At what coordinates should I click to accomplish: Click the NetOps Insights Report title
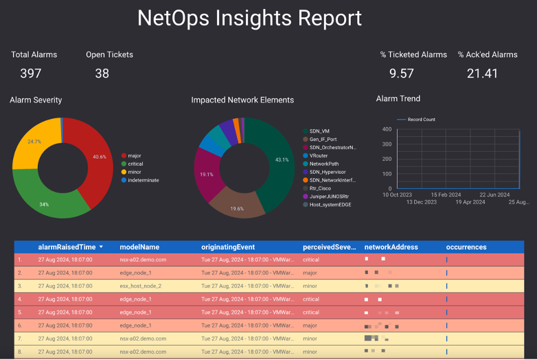[249, 18]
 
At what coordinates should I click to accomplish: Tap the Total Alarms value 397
[31, 73]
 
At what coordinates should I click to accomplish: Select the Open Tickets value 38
[102, 73]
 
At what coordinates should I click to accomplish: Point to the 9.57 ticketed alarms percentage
[402, 73]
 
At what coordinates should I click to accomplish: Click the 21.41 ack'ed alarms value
[482, 73]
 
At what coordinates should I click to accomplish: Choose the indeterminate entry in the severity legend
[143, 180]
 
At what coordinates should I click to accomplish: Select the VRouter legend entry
[318, 155]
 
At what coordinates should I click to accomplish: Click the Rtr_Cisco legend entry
[321, 188]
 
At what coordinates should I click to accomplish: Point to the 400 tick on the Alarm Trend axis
[387, 129]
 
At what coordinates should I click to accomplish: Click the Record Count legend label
[421, 120]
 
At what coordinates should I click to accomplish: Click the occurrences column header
[466, 247]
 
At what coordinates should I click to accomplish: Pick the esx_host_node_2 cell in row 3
[140, 286]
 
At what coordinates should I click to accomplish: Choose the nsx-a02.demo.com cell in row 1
[142, 260]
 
